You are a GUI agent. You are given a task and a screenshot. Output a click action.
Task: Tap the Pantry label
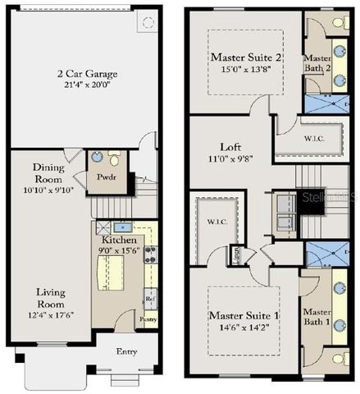click(148, 318)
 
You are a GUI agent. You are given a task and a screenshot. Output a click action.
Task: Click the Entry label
click(125, 352)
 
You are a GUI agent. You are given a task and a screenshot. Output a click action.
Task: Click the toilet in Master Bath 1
click(338, 358)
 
